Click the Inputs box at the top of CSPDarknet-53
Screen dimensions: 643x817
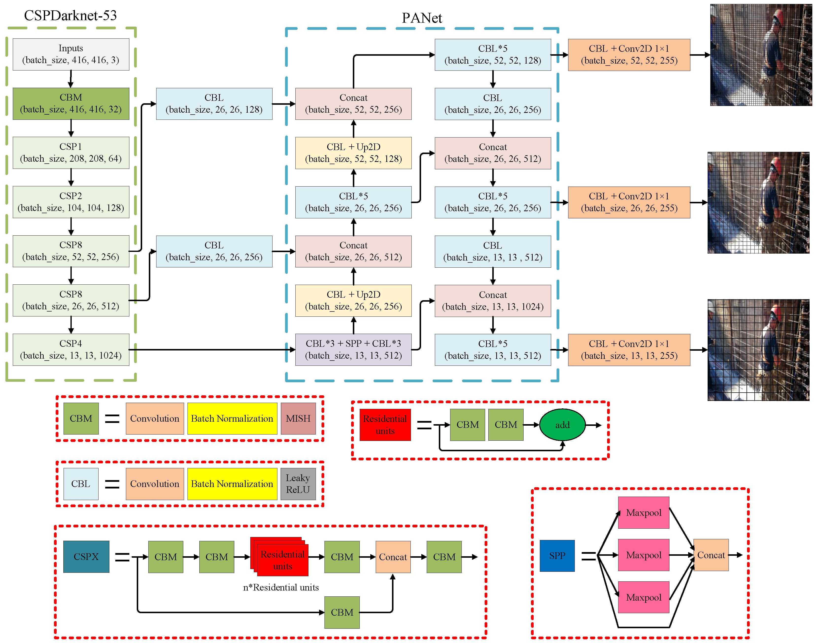[71, 54]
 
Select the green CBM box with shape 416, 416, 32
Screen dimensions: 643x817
[71, 104]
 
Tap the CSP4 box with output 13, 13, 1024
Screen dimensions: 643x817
[71, 349]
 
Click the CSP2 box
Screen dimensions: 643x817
[71, 202]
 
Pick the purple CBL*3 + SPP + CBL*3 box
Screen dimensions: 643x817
[353, 349]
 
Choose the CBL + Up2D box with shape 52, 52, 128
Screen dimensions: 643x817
[353, 153]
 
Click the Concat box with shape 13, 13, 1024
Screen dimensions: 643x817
[492, 300]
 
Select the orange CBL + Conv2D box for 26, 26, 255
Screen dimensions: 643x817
[629, 202]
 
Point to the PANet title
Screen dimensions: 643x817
[422, 18]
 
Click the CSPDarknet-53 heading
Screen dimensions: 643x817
[70, 16]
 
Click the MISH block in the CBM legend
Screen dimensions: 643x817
[298, 418]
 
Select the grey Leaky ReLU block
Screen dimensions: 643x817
[298, 484]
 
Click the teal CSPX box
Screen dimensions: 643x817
[86, 556]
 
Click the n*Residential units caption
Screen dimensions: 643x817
[280, 587]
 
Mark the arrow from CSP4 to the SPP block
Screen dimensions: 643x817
[211, 350]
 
